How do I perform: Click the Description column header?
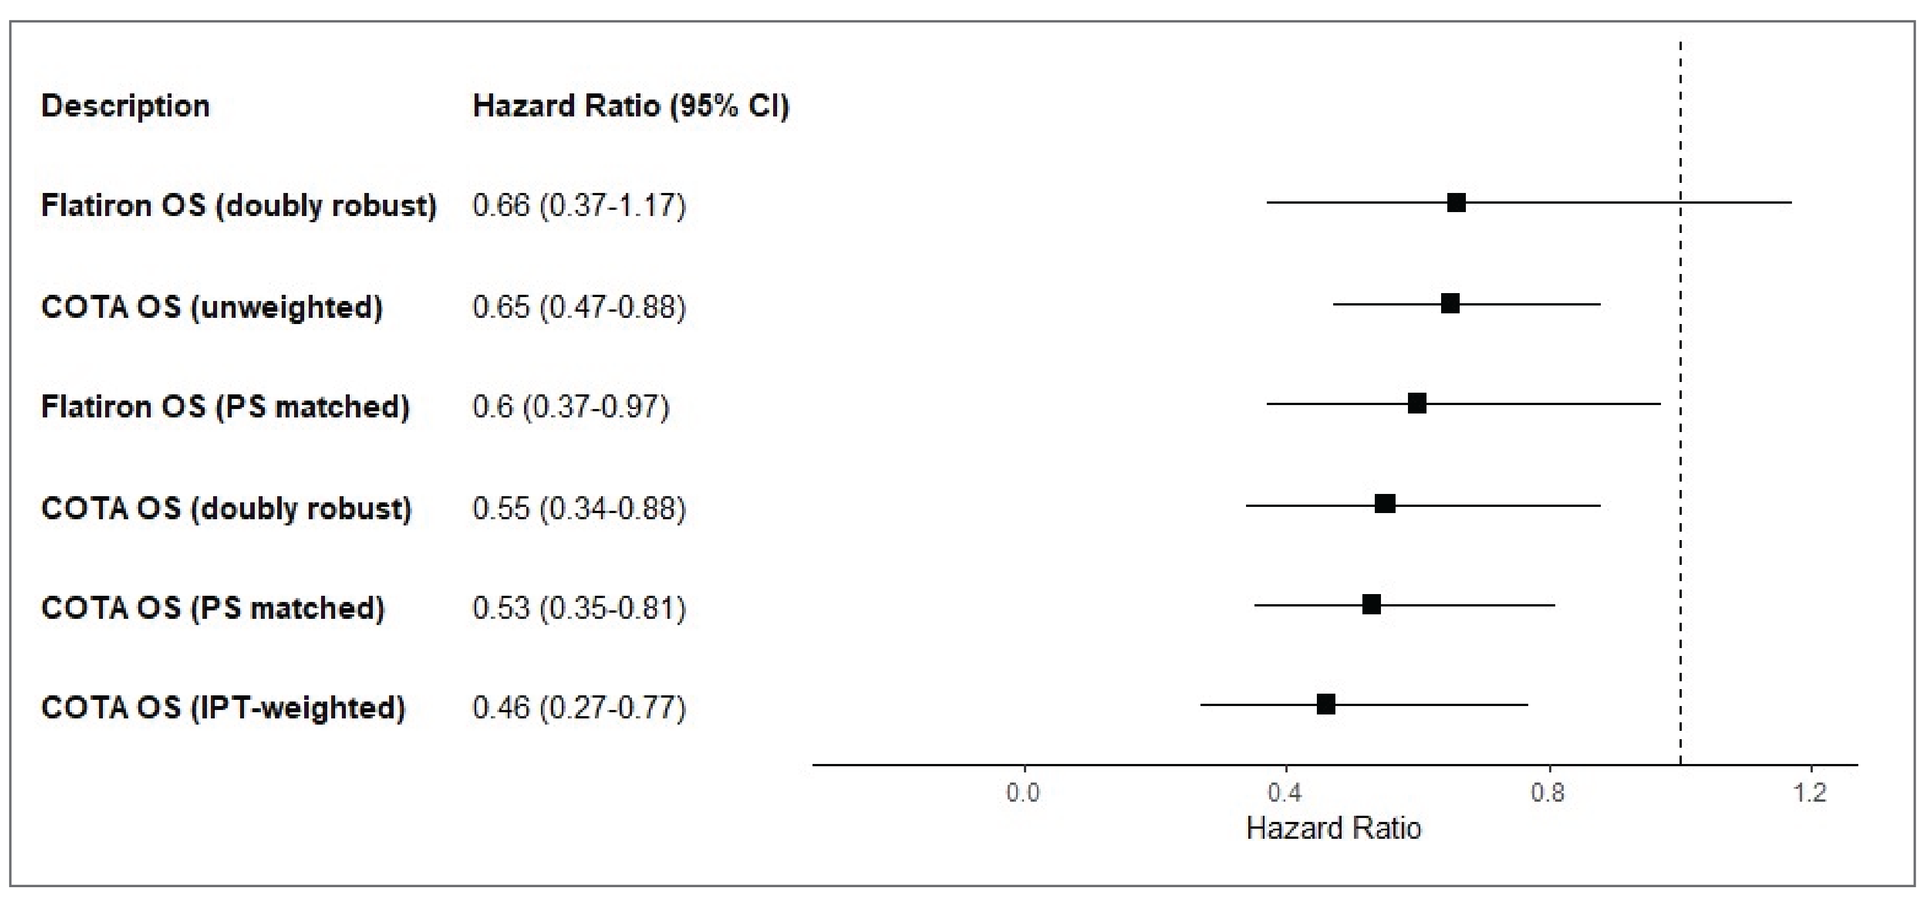coord(125,106)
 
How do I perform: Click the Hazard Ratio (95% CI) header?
coord(631,106)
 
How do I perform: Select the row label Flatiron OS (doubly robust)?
coord(238,205)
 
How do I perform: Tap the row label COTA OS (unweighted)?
coord(212,307)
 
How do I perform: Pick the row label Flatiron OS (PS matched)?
coord(225,407)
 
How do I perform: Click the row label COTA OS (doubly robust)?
coord(226,509)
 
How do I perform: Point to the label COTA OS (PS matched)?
coord(213,609)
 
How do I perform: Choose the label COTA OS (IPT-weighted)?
coord(223,707)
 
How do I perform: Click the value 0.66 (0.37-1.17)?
coord(579,205)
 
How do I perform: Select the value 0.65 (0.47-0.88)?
coord(579,307)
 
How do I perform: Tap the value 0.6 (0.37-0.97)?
coord(571,407)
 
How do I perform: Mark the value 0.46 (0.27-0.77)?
coord(579,707)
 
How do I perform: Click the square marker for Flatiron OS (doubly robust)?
coord(1456,203)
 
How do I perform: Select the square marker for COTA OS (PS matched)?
coord(1371,604)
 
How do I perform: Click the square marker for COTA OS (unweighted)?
coord(1450,303)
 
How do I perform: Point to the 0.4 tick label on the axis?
coord(1285,792)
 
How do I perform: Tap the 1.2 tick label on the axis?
coord(1811,792)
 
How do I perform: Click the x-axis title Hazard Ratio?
coord(1333,829)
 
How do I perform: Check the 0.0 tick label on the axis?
coord(1023,792)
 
